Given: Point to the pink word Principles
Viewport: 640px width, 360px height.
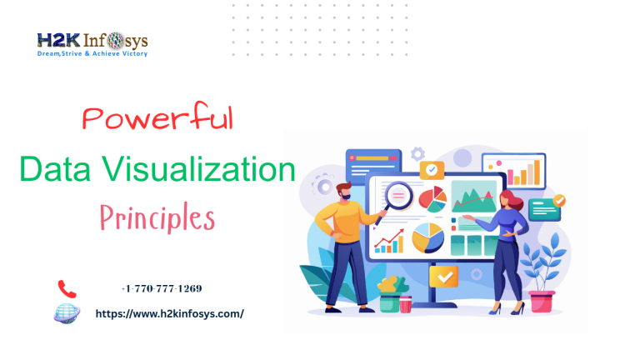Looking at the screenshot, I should tap(157, 217).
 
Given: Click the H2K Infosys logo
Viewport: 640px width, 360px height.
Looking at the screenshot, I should tap(92, 43).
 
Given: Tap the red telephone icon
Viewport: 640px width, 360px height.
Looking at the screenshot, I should tap(67, 289).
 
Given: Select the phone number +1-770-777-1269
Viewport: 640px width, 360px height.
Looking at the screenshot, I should tap(162, 288).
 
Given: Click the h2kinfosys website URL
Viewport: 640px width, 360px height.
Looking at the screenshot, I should tap(169, 313).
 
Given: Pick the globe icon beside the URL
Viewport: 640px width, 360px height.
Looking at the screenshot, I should tap(67, 313).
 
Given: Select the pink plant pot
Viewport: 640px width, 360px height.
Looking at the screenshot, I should tap(542, 300).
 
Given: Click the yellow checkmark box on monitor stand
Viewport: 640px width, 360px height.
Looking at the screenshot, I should tap(443, 276).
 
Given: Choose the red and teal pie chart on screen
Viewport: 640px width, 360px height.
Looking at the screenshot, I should tap(432, 200).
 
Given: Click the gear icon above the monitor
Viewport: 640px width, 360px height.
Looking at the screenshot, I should tap(417, 153).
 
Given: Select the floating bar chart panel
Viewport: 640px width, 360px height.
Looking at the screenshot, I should tap(525, 169).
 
